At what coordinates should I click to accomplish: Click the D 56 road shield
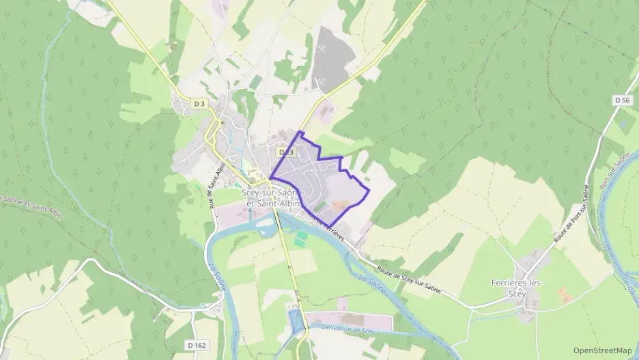(621, 100)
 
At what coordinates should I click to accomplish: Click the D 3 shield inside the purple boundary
(285, 152)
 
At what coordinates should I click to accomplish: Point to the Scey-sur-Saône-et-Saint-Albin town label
(272, 198)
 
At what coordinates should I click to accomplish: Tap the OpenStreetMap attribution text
(601, 350)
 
